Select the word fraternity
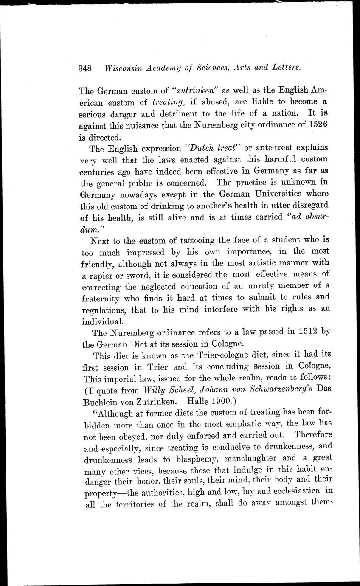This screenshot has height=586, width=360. point(99,298)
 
